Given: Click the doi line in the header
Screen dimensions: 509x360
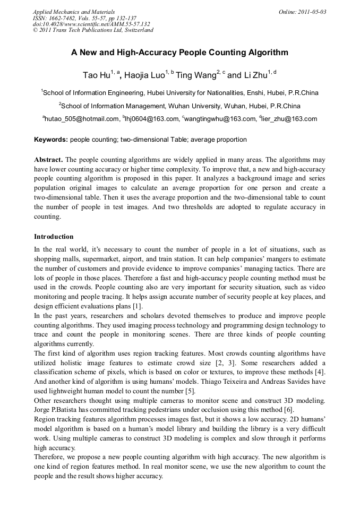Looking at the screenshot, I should [x=91, y=24].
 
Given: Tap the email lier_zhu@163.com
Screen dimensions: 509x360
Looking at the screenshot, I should [x=289, y=119].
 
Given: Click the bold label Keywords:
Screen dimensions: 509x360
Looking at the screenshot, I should [x=51, y=140].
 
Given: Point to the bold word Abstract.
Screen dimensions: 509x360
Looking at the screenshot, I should [x=48, y=160].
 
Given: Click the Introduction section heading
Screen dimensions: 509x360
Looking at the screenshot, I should [x=54, y=236].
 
